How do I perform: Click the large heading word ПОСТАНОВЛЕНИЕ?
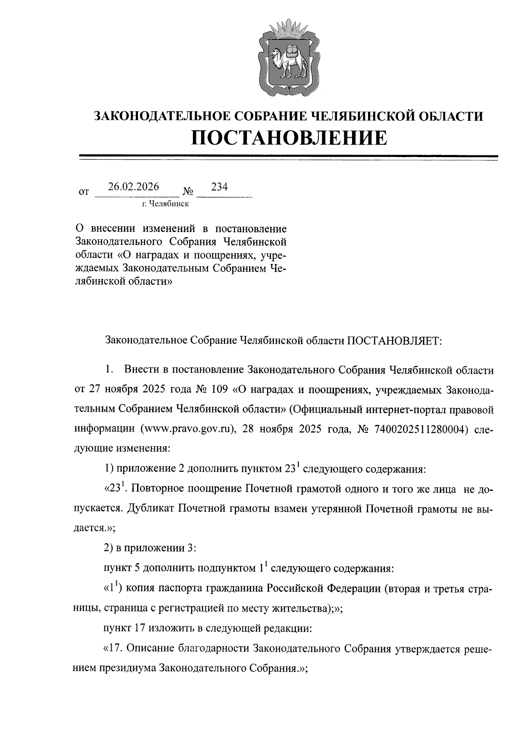tap(289, 138)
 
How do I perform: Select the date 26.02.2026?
tap(134, 187)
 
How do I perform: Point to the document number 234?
tap(219, 187)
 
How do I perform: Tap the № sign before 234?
tap(188, 191)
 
